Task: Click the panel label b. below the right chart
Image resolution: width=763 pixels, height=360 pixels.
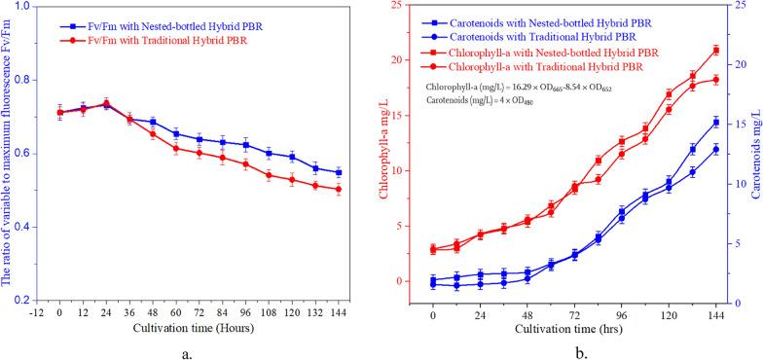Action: tap(580, 352)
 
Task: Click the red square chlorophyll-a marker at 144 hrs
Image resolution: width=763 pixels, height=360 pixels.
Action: tap(716, 50)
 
